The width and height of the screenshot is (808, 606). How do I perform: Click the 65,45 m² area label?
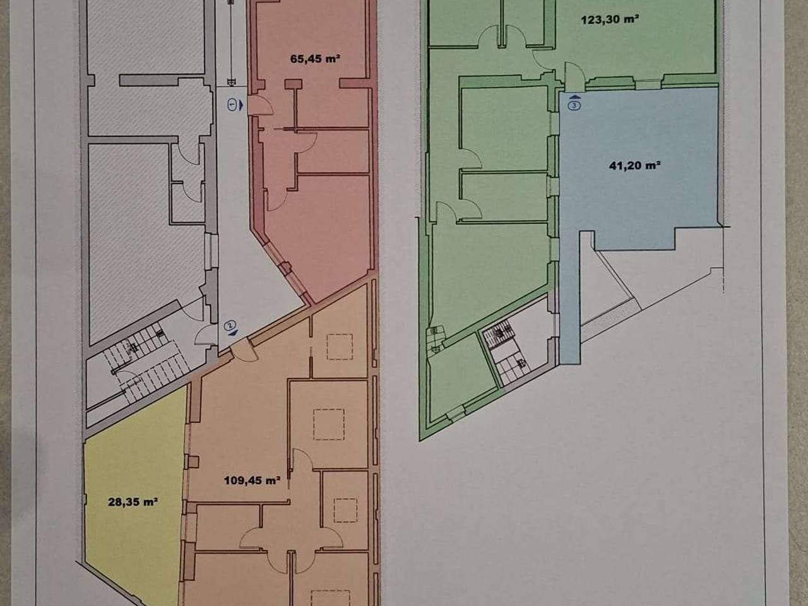pyautogui.click(x=315, y=59)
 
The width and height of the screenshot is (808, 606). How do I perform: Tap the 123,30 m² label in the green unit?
pyautogui.click(x=610, y=20)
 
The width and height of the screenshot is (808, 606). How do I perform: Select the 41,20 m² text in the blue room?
pyautogui.click(x=634, y=165)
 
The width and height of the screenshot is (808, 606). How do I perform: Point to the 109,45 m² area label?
pyautogui.click(x=252, y=480)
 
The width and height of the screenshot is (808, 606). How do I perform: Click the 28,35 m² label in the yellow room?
pyautogui.click(x=133, y=502)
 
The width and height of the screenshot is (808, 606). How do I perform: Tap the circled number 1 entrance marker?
pyautogui.click(x=232, y=105)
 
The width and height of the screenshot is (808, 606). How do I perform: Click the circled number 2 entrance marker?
pyautogui.click(x=230, y=325)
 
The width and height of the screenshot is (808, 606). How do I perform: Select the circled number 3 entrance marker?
pyautogui.click(x=575, y=106)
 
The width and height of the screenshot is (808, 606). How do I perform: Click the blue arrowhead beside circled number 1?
pyautogui.click(x=241, y=105)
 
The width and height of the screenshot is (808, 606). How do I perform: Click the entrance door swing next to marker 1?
pyautogui.click(x=261, y=106)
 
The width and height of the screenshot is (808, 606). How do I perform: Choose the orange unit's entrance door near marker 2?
pyautogui.click(x=244, y=350)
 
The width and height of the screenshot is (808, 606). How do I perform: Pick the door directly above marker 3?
pyautogui.click(x=575, y=76)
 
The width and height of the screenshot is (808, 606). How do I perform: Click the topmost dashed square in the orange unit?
pyautogui.click(x=340, y=347)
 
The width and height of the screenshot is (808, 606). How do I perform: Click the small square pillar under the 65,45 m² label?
pyautogui.click(x=294, y=84)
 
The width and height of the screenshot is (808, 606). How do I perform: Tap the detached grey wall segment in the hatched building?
pyautogui.click(x=162, y=81)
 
